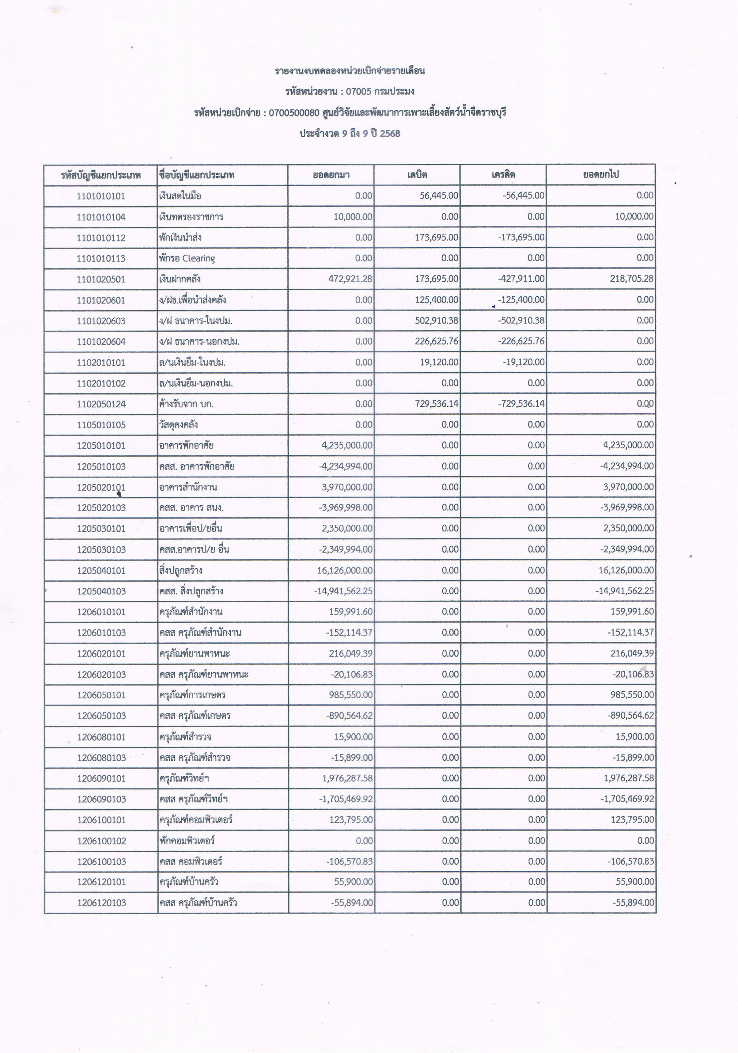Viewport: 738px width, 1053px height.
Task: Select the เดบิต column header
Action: pyautogui.click(x=417, y=175)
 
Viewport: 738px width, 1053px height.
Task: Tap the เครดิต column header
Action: pyautogui.click(x=503, y=175)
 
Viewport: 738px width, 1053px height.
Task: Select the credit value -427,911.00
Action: pyautogui.click(x=521, y=279)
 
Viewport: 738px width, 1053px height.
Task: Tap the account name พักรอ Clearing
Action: pyautogui.click(x=187, y=258)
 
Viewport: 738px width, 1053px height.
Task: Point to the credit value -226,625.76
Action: pyautogui.click(x=521, y=341)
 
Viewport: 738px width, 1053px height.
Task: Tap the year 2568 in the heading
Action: pyautogui.click(x=390, y=134)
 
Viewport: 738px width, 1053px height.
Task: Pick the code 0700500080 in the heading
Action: pyautogui.click(x=294, y=113)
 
